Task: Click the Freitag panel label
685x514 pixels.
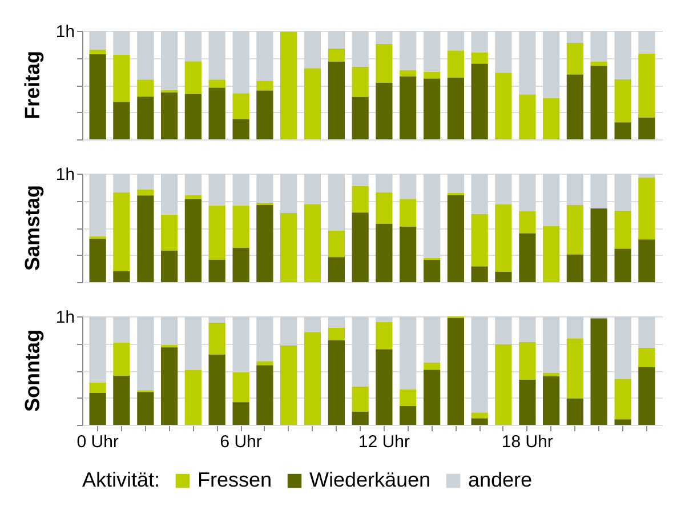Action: [34, 85]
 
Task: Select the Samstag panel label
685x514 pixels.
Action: [34, 227]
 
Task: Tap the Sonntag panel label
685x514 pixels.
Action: [34, 370]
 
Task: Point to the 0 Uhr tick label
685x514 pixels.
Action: [97, 442]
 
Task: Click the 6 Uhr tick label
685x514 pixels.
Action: [241, 442]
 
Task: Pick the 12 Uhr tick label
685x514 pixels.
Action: [384, 442]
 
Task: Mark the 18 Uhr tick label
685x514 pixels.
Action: [527, 442]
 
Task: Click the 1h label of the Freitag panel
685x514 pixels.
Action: [66, 32]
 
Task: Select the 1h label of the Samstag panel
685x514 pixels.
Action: [66, 174]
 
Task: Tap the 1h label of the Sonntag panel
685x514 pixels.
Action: [66, 317]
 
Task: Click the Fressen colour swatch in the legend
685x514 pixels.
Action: [183, 480]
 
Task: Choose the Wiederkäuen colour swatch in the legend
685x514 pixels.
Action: [295, 480]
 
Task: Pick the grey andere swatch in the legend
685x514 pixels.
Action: [453, 480]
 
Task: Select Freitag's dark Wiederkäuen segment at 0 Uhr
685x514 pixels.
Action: [98, 97]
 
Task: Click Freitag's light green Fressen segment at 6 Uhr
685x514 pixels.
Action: [241, 106]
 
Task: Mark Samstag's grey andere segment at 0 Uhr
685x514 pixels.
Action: [98, 205]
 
